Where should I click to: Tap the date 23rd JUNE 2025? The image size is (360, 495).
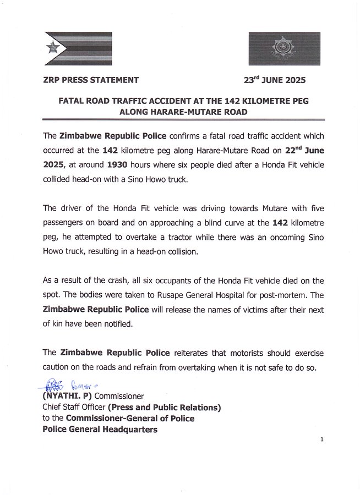tap(274, 80)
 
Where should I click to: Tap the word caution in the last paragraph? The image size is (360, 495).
tap(56, 367)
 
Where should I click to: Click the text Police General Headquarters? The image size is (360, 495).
tap(100, 430)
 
